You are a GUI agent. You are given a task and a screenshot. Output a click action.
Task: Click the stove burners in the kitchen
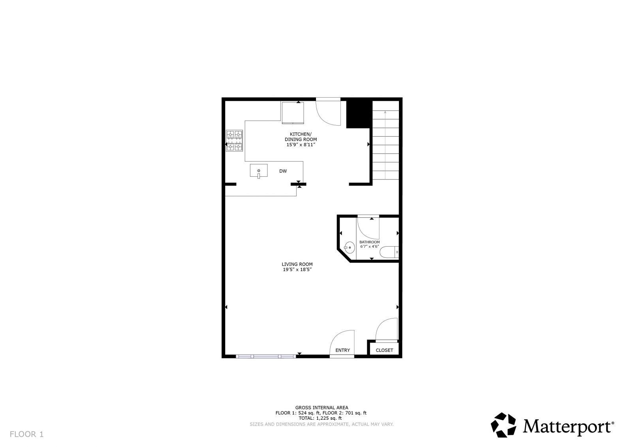click(234, 141)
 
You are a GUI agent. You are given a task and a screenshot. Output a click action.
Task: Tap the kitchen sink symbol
click(258, 171)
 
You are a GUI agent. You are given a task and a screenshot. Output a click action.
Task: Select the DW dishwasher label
click(283, 171)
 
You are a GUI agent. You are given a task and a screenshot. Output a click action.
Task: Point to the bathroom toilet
click(389, 252)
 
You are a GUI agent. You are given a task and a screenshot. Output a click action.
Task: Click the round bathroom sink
click(349, 248)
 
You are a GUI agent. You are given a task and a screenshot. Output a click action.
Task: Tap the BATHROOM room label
click(370, 242)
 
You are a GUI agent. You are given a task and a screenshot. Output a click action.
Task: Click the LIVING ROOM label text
click(297, 264)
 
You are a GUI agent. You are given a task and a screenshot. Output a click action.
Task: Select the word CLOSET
click(384, 350)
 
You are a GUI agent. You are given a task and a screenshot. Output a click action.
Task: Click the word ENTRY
click(342, 350)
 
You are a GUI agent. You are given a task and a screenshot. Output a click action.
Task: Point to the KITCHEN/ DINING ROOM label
click(301, 137)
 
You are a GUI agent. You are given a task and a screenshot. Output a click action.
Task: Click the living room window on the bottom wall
click(266, 356)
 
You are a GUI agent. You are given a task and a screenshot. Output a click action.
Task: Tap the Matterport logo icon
click(503, 425)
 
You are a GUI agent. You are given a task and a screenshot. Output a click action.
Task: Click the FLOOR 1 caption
click(27, 434)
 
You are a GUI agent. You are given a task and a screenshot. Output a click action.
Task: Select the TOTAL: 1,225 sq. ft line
click(320, 418)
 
